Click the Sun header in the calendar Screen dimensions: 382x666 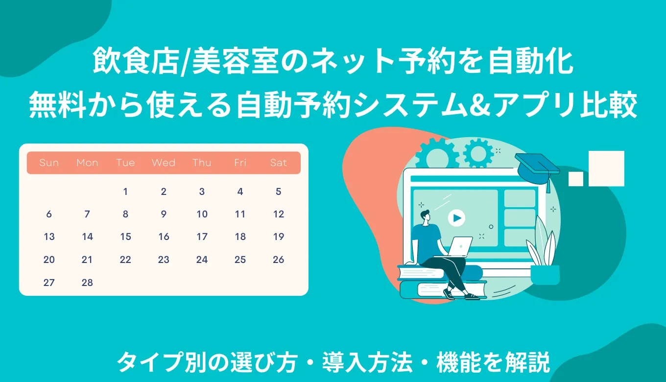pos(49,163)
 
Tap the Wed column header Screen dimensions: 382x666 pos(164,163)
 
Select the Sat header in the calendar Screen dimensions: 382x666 pos(278,163)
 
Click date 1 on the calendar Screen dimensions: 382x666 pos(125,191)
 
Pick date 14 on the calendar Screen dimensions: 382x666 pos(87,237)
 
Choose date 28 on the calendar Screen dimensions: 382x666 pos(87,283)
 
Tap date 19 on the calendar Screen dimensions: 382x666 pos(278,237)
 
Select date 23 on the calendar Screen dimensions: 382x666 pos(164,260)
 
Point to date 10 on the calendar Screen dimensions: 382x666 pos(202,214)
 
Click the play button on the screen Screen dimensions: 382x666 pos(456,218)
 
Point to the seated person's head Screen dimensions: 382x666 pos(425,215)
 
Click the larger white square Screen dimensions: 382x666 pos(606,168)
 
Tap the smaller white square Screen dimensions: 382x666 pos(576,179)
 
